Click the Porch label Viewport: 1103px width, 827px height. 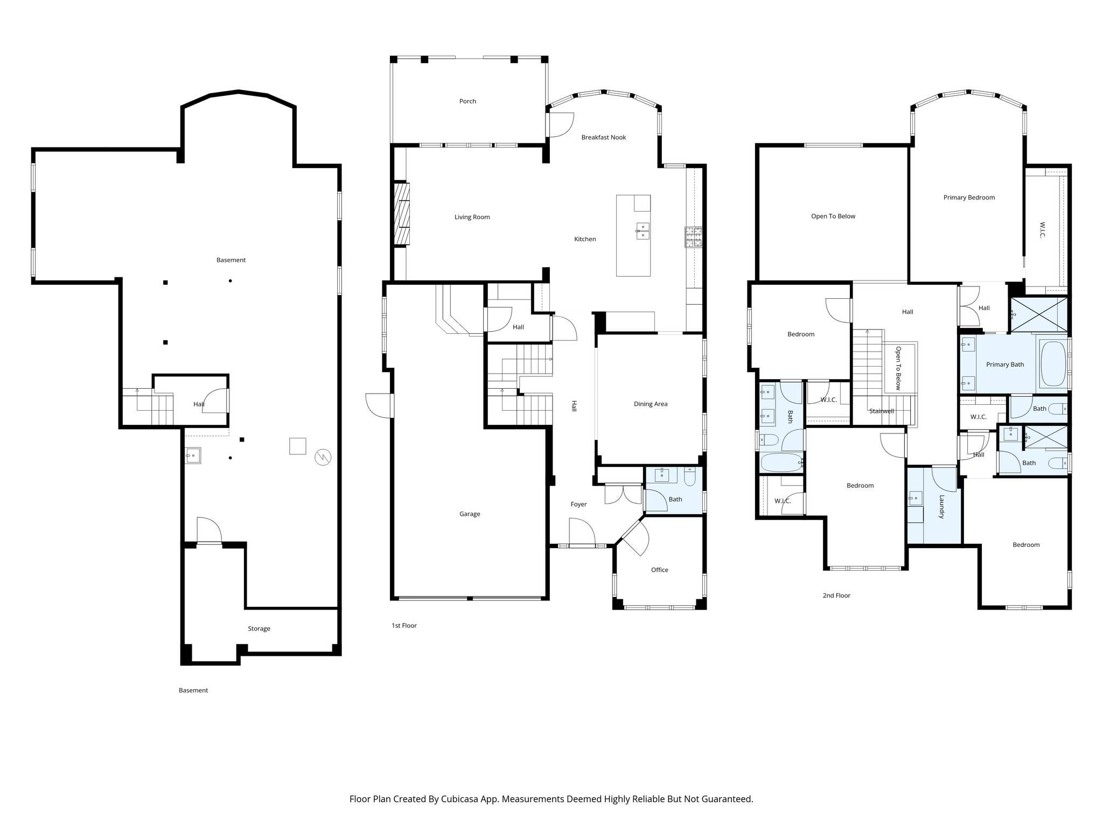(467, 101)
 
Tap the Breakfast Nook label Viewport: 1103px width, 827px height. (603, 137)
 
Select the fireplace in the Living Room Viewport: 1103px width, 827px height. (402, 214)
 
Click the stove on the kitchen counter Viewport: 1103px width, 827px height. (694, 237)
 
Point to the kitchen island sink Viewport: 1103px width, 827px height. (643, 231)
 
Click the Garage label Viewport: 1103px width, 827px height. (470, 514)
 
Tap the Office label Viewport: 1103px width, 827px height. (659, 570)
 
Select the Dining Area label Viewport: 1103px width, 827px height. (650, 404)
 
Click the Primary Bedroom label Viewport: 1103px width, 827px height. (969, 198)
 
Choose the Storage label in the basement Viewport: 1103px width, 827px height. (259, 629)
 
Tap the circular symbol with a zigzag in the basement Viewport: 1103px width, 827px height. (323, 457)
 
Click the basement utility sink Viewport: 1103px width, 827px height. (192, 455)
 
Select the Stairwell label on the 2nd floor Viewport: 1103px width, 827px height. (882, 411)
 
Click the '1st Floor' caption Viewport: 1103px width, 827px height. (404, 626)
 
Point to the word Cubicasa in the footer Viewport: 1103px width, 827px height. (460, 799)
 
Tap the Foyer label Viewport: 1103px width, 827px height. (578, 504)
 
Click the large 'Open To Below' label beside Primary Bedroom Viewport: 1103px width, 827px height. (833, 216)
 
